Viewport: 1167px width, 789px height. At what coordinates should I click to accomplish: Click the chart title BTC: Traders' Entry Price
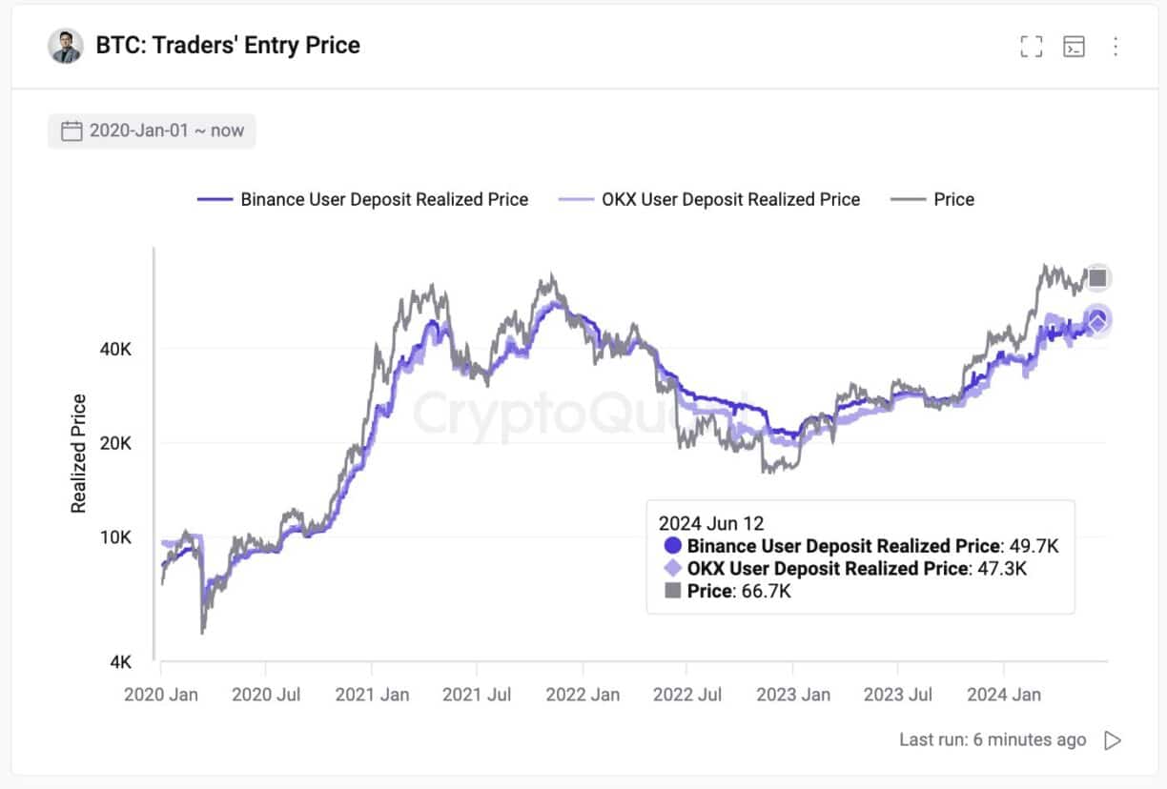click(228, 45)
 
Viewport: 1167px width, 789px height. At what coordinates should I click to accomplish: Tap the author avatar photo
click(66, 45)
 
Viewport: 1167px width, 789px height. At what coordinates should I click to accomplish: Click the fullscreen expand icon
click(1031, 47)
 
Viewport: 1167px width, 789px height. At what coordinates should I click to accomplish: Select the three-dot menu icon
click(1115, 47)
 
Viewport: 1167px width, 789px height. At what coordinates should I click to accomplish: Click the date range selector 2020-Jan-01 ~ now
click(153, 131)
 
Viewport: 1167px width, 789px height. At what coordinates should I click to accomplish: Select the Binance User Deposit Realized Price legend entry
click(362, 199)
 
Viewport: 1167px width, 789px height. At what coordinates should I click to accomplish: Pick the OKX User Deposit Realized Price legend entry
click(709, 199)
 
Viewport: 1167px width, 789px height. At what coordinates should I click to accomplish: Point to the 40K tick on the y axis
click(115, 349)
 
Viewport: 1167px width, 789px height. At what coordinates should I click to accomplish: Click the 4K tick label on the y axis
click(120, 661)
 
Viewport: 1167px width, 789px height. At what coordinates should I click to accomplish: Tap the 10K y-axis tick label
click(115, 537)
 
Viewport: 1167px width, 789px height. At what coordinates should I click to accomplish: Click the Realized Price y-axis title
click(79, 454)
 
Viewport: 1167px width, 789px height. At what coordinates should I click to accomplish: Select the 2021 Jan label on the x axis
click(372, 695)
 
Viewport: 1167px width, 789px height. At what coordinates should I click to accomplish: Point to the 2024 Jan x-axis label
click(1003, 695)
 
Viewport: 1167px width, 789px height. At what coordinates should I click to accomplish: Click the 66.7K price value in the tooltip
click(766, 592)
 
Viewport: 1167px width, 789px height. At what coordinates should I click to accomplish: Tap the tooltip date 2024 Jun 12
click(711, 523)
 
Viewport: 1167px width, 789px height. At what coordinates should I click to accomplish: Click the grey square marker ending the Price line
click(1098, 278)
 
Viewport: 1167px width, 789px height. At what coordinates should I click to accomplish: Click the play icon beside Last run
click(1112, 740)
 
